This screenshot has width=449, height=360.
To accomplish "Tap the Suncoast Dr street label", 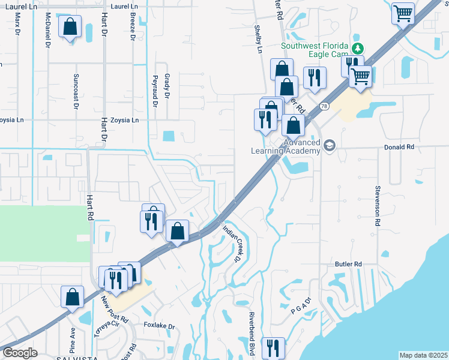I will click(x=76, y=91).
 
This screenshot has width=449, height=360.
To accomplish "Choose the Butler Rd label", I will click(x=348, y=263).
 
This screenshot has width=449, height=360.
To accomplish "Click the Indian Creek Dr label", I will click(x=231, y=244).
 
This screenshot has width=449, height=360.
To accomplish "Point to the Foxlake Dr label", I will click(x=159, y=326).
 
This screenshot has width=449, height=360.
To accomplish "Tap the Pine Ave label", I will click(x=73, y=340).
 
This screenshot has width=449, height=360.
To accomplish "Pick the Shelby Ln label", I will click(x=258, y=40).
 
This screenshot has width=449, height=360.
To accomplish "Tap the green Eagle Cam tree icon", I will click(x=358, y=47).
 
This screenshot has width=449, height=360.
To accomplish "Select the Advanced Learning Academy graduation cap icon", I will click(x=329, y=145).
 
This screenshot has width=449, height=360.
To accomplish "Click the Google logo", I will click(x=19, y=352).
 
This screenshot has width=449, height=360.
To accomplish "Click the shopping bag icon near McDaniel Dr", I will click(x=70, y=27).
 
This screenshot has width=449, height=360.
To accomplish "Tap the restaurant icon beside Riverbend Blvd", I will click(x=273, y=347).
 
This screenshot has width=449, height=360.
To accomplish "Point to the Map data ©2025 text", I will click(x=423, y=355).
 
